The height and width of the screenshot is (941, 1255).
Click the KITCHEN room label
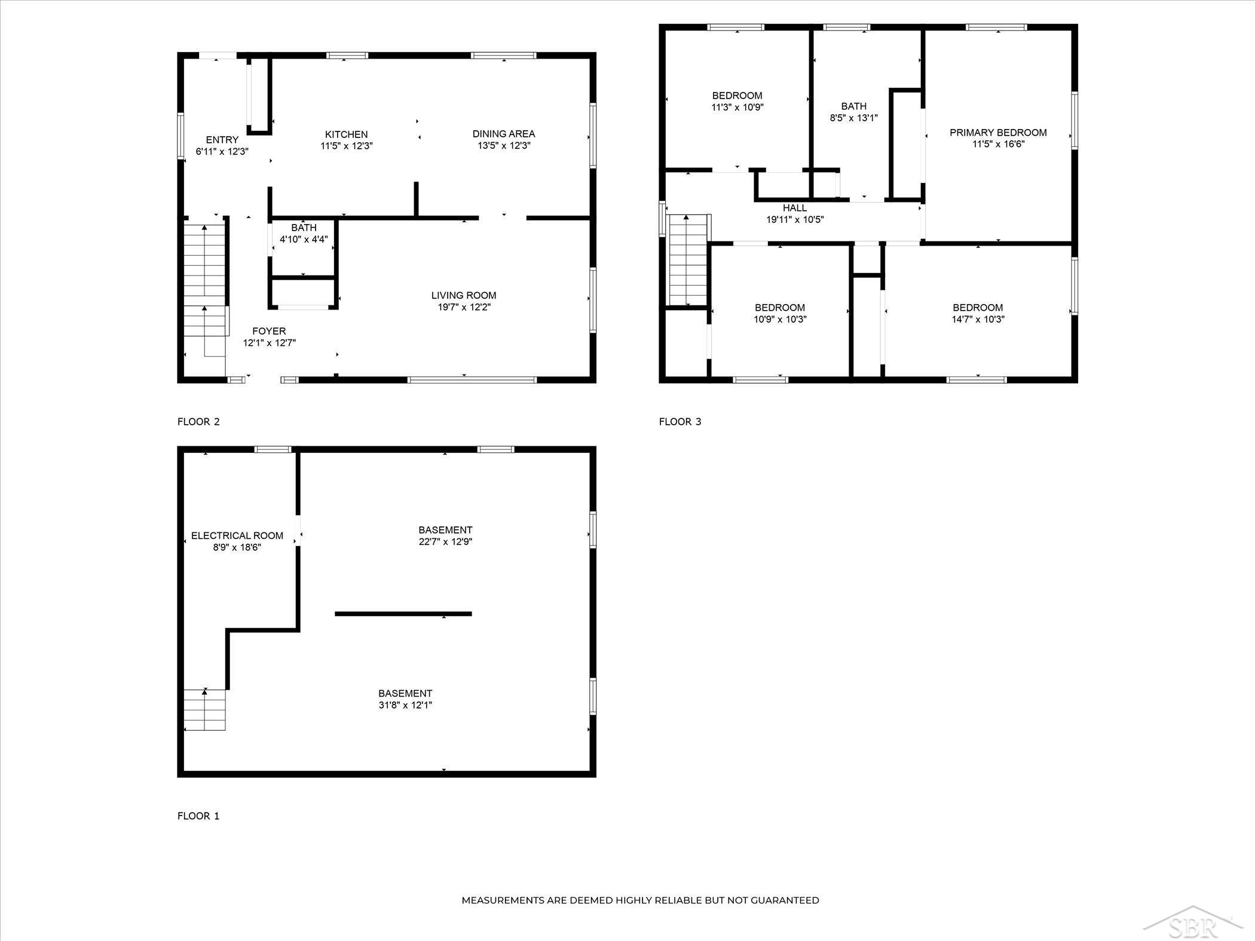347,134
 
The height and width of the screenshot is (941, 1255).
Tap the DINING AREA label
504,134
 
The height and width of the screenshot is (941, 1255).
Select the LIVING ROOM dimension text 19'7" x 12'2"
464,307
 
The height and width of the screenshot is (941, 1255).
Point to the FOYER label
269,331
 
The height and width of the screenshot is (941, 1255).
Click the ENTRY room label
222,140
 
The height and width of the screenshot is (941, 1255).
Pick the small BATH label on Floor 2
304,228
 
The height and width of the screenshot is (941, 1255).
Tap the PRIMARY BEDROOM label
998,133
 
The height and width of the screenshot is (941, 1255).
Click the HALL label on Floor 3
795,208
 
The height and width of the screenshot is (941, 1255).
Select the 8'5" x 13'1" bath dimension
854,118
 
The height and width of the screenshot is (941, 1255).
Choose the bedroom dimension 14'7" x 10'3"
978,319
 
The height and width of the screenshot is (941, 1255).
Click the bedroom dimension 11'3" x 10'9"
737,108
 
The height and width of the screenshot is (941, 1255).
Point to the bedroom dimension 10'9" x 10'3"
780,319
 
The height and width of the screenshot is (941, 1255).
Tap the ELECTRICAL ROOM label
237,536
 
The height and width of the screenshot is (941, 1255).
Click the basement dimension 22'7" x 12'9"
445,542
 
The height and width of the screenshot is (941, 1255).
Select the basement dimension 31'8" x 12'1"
405,705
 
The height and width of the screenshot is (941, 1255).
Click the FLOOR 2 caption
198,422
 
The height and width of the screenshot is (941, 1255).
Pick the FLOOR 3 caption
680,422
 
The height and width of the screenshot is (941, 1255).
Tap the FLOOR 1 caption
198,816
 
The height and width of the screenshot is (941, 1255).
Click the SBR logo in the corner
1189,921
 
